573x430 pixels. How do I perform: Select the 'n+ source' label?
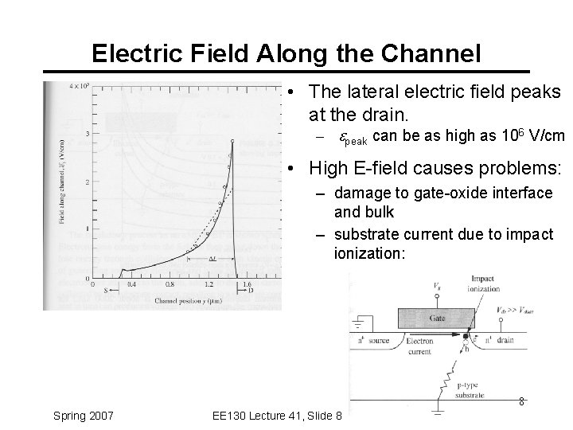click(x=374, y=340)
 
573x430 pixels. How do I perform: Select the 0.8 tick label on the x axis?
click(x=169, y=284)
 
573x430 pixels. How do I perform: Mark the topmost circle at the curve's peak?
click(x=232, y=141)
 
